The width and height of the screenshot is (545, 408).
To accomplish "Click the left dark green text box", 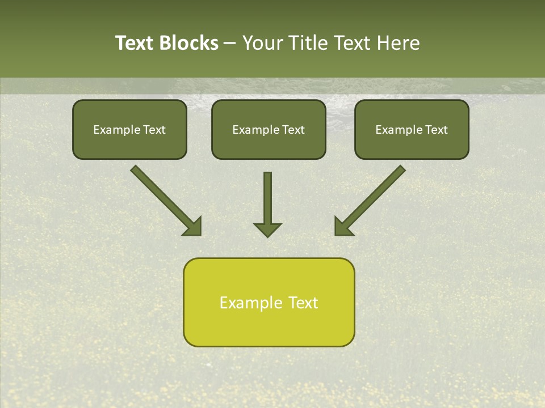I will pyautogui.click(x=129, y=129).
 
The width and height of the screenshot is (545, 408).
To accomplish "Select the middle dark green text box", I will pyautogui.click(x=269, y=129).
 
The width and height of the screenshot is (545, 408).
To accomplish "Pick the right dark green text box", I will pyautogui.click(x=412, y=129).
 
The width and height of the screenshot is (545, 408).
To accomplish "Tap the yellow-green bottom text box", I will pyautogui.click(x=269, y=302).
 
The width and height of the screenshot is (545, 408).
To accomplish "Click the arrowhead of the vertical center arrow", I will pyautogui.click(x=267, y=229).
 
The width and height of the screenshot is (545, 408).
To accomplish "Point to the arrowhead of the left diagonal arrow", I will pyautogui.click(x=193, y=227).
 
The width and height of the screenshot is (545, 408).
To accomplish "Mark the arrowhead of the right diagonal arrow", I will pyautogui.click(x=343, y=227).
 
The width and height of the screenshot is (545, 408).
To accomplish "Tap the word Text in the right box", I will pyautogui.click(x=437, y=130).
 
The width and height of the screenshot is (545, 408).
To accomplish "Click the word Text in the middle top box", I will pyautogui.click(x=294, y=130).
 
